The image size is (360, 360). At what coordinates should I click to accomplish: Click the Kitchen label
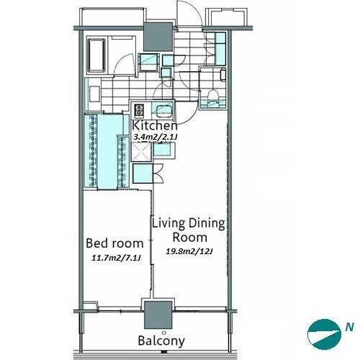tap(155, 125)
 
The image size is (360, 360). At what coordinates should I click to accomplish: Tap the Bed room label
tap(114, 243)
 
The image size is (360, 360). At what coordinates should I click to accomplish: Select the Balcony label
tap(161, 341)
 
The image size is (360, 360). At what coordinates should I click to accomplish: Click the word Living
tap(168, 224)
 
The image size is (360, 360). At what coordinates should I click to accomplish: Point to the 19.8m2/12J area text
tap(190, 251)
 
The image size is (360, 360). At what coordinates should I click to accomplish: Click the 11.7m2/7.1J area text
tap(116, 258)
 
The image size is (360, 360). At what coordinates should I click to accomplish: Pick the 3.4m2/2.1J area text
tap(156, 138)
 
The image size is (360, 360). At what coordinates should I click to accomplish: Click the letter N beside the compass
tap(350, 327)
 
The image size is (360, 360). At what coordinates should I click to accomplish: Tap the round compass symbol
tap(325, 334)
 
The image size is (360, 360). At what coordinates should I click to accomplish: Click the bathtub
tap(97, 55)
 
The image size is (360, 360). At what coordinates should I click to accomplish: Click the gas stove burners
tap(140, 110)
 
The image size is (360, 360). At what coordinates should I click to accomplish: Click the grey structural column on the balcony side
tap(158, 315)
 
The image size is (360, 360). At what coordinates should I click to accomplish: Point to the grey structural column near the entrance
tap(158, 37)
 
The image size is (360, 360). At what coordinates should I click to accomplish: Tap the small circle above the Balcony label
tap(164, 333)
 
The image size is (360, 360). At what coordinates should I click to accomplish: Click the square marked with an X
tap(141, 152)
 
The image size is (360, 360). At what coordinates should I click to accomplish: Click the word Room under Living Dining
tap(190, 238)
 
